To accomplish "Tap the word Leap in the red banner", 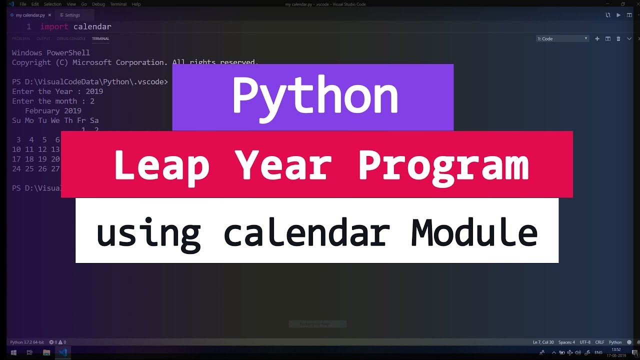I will pos(161,165).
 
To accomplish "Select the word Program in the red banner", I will pos(443,165).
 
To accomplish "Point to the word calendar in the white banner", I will pos(306,232).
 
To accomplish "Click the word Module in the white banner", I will pos(474,232).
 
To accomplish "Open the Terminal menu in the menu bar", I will pos(118,4).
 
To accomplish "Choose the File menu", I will pos(23,4).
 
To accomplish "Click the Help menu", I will pos(136,4).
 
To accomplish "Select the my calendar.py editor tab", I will pos(30,15).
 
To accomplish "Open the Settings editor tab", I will pos(72,15).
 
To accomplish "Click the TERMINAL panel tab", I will pos(100,38).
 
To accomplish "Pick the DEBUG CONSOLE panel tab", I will pos(71,38).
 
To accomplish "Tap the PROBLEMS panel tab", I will pos(21,38).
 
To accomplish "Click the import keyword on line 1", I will pos(54,26).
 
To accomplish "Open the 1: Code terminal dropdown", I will pos(562,38).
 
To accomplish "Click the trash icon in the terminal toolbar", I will pos(618,38).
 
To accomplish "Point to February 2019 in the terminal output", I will pos(53,111).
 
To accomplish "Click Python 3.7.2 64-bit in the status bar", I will pos(27,342).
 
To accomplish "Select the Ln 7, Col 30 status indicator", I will pos(543,342).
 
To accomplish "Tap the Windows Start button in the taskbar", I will pos(13,352).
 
